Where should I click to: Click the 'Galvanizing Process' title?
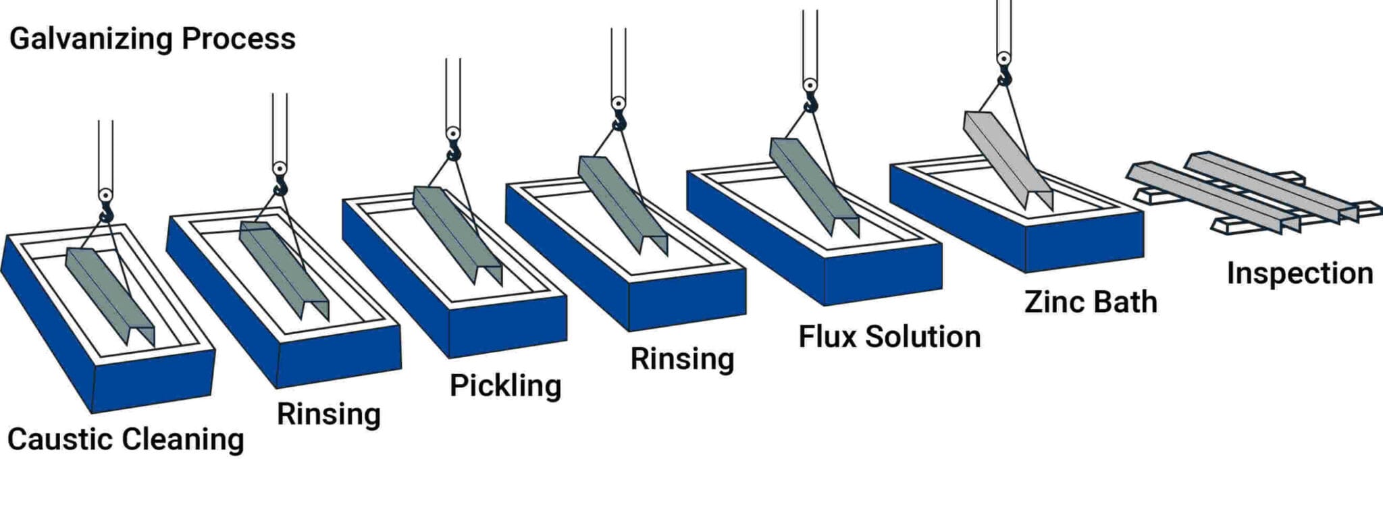[x=153, y=39]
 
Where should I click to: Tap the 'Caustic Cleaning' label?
[x=126, y=439]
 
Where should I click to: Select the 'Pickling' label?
[x=505, y=385]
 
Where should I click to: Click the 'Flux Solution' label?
[x=889, y=336]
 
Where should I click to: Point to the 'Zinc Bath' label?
[x=1091, y=301]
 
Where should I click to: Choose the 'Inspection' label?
[x=1300, y=273]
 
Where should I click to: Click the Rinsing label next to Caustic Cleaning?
[x=329, y=413]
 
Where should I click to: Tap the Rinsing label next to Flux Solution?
[x=682, y=358]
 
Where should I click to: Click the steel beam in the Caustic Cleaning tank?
[x=108, y=294]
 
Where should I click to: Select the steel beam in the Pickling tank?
[x=456, y=233]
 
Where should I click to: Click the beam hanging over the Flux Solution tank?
[x=814, y=186]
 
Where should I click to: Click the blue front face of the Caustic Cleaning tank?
[x=152, y=381]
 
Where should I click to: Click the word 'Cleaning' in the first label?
[x=184, y=439]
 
